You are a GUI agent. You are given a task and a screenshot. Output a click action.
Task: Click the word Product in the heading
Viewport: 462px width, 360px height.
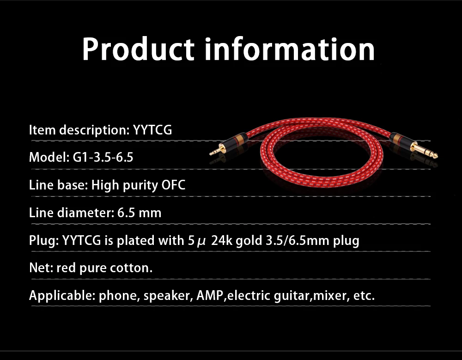click(138, 49)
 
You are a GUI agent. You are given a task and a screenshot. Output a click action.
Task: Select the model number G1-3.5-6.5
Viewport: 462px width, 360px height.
click(103, 157)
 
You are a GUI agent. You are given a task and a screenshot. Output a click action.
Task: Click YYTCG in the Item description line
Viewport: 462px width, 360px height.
click(152, 130)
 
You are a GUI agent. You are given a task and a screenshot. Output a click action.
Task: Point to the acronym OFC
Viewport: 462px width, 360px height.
click(173, 185)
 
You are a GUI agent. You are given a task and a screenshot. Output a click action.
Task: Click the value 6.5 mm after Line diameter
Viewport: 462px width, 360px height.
click(139, 213)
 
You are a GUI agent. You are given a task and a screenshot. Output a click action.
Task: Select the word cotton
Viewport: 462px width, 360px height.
click(131, 268)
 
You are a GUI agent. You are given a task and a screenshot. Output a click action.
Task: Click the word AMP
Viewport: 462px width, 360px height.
click(209, 295)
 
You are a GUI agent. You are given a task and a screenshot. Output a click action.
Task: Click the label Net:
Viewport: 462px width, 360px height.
click(41, 268)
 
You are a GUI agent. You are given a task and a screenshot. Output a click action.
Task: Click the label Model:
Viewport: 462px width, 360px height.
click(49, 157)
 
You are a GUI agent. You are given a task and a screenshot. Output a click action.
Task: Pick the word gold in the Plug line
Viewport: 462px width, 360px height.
click(249, 241)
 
